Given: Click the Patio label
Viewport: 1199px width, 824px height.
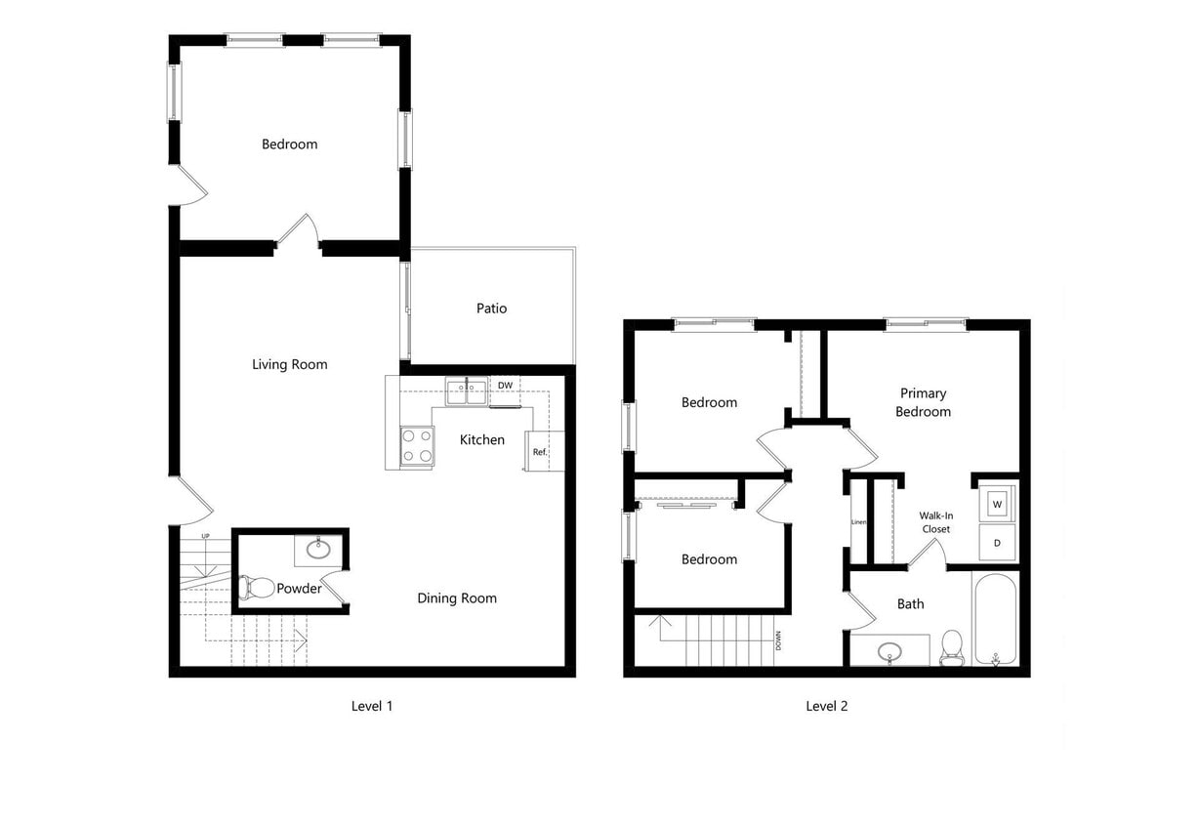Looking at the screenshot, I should (491, 309).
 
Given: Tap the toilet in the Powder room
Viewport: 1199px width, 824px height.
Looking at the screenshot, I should (256, 587).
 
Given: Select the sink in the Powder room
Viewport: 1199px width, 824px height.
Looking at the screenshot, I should (319, 549).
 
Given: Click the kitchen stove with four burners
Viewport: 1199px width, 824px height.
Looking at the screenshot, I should (417, 447).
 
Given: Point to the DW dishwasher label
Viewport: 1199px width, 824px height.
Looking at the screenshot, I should (505, 386).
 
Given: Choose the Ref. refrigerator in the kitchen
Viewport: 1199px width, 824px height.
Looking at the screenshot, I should (540, 452).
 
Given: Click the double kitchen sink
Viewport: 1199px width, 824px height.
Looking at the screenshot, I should (467, 391).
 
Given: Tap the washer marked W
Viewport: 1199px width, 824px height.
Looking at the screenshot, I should (997, 504).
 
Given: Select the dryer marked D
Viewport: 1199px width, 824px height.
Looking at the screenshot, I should (997, 542).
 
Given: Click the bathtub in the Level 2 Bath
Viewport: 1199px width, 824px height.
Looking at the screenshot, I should (995, 619).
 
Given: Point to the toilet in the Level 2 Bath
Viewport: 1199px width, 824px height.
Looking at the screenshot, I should (952, 646).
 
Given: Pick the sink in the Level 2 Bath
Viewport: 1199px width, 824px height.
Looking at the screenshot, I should (889, 650).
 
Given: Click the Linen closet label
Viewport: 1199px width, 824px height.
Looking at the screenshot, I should (858, 522).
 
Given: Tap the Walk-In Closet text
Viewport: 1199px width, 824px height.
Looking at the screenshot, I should (935, 522).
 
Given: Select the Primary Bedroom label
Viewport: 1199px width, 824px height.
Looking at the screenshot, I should (923, 402).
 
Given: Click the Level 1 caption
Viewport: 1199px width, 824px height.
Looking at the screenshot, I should (372, 706).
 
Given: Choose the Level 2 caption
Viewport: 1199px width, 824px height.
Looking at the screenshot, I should (826, 706).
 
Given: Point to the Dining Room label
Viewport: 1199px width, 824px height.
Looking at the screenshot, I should (457, 598).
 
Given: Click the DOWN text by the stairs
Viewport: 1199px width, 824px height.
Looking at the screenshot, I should (778, 640).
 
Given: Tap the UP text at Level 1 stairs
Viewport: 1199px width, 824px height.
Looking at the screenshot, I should (205, 536).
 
